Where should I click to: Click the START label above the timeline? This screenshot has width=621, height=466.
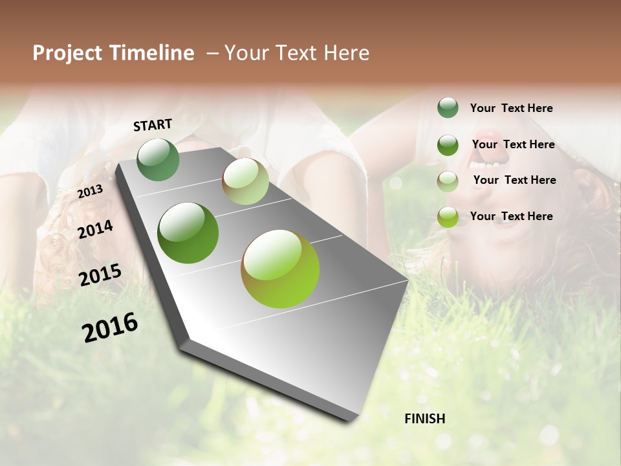pyautogui.click(x=153, y=125)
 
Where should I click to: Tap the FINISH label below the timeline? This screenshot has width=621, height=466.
pyautogui.click(x=424, y=419)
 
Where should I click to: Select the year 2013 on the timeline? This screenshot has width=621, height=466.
pyautogui.click(x=91, y=191)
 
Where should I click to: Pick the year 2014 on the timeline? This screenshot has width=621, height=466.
pyautogui.click(x=95, y=230)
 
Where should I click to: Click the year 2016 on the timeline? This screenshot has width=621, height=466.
pyautogui.click(x=110, y=327)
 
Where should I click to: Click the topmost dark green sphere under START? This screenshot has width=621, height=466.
pyautogui.click(x=158, y=159)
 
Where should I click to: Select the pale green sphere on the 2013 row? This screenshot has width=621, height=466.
pyautogui.click(x=245, y=181)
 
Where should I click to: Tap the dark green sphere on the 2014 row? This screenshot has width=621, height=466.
pyautogui.click(x=188, y=233)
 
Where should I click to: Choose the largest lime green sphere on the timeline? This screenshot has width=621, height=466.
pyautogui.click(x=280, y=269)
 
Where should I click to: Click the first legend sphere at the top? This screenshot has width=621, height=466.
pyautogui.click(x=448, y=107)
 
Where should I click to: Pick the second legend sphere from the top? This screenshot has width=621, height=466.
pyautogui.click(x=448, y=145)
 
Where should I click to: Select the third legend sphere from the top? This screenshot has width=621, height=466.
pyautogui.click(x=448, y=181)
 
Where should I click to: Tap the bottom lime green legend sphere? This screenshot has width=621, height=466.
pyautogui.click(x=448, y=217)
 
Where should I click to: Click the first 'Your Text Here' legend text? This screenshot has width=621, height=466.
pyautogui.click(x=511, y=109)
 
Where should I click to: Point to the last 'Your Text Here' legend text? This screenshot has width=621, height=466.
pyautogui.click(x=511, y=216)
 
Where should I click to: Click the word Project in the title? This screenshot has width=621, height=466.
pyautogui.click(x=68, y=54)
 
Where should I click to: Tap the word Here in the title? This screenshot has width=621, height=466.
pyautogui.click(x=347, y=53)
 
